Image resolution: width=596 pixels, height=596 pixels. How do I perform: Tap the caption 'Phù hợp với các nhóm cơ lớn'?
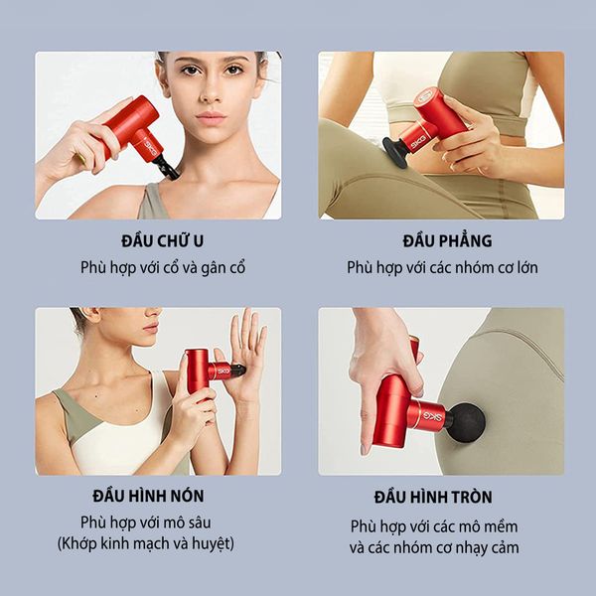pyautogui.click(x=443, y=268)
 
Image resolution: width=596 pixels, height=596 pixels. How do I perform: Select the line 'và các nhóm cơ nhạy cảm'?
pyautogui.click(x=434, y=547)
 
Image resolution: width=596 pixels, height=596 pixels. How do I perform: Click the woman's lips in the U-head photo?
pyautogui.click(x=212, y=117)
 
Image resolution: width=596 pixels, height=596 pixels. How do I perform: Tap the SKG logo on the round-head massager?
pyautogui.click(x=429, y=409)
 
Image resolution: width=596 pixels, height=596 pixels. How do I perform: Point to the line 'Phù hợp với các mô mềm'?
pyautogui.click(x=434, y=525)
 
